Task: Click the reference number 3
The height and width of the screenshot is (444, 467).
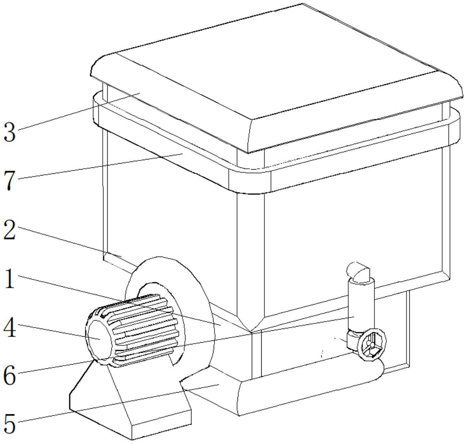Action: [9, 133]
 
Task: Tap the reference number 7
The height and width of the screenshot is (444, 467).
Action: [9, 181]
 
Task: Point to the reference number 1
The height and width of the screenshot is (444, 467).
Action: [9, 279]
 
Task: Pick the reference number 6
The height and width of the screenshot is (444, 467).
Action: [9, 376]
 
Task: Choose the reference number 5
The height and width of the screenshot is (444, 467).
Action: [9, 423]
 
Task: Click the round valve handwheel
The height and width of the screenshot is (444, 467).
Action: [372, 344]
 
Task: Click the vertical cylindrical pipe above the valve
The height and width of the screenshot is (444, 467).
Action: [361, 304]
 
